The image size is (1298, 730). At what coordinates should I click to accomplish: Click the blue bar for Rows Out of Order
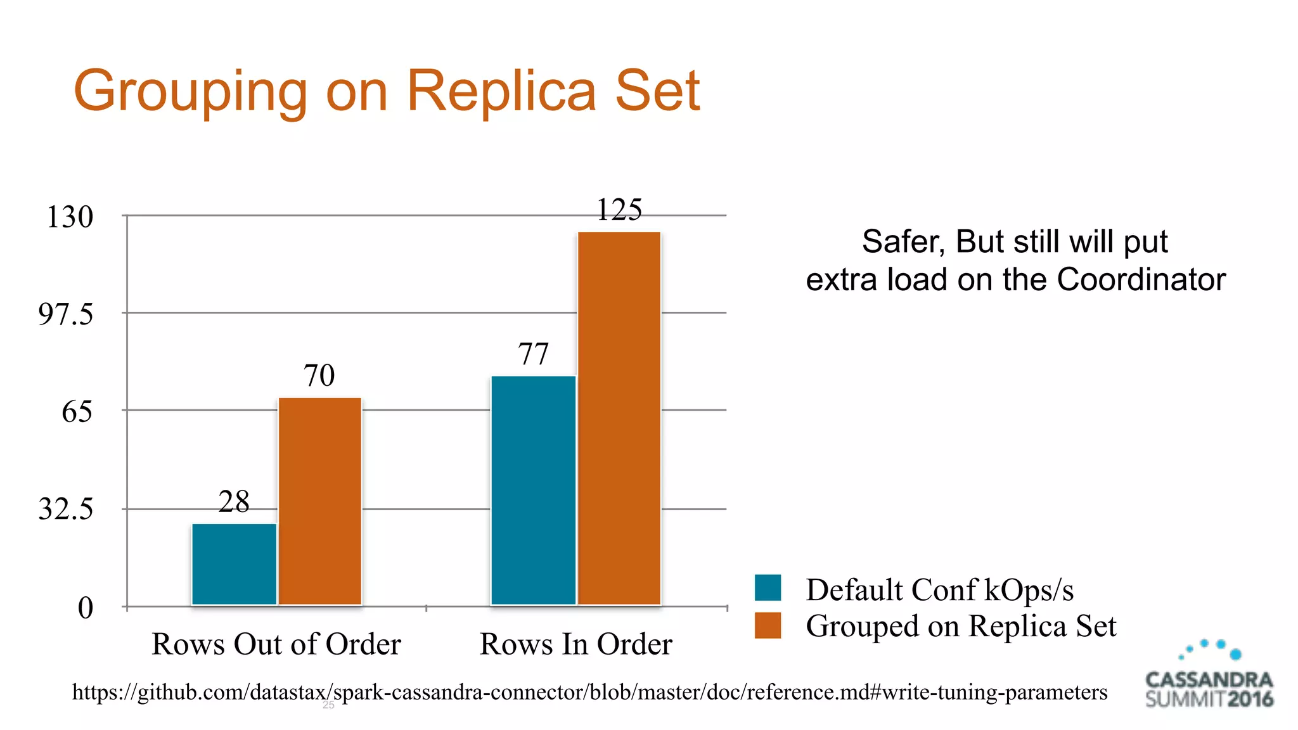point(234,564)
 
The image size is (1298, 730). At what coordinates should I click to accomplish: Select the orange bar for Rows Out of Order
point(320,501)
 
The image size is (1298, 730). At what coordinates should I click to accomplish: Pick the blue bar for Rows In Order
point(533,490)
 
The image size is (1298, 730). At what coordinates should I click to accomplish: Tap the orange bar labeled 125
point(619,418)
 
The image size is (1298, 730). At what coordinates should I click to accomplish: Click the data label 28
point(234,502)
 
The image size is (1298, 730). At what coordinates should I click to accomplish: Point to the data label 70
point(319,375)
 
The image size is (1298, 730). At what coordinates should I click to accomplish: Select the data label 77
point(533,354)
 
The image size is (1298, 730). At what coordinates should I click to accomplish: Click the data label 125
point(619,210)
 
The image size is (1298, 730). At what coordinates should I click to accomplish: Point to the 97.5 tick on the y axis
point(65,314)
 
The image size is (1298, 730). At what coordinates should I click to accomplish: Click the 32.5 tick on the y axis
point(65,509)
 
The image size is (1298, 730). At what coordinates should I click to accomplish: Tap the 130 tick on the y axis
point(70,217)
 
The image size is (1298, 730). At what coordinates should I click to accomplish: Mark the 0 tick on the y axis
point(86,608)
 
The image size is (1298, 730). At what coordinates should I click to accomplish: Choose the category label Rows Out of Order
point(276,644)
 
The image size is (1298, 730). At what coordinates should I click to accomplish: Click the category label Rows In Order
point(575,644)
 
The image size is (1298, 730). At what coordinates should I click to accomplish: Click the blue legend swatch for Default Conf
point(768,587)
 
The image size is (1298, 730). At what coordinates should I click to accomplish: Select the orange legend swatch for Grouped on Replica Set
point(768,625)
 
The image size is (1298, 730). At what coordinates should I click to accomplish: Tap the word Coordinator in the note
point(1141,279)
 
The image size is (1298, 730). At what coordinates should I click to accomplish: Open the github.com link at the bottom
point(589,692)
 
